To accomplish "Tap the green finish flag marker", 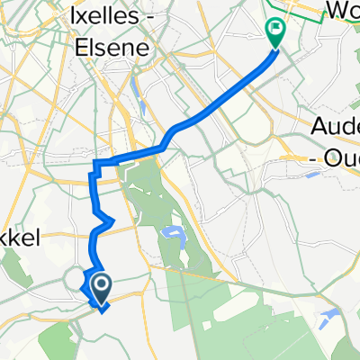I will [274, 33].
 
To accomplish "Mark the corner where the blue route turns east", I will [94, 163].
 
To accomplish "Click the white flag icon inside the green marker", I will [274, 30].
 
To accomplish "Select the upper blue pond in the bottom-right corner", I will [331, 316].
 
